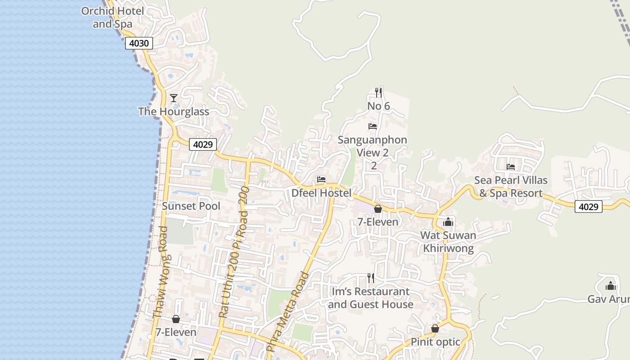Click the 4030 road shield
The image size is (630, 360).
[x=139, y=43]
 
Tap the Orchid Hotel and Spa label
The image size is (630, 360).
[x=112, y=18]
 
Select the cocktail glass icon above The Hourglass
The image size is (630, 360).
[x=174, y=98]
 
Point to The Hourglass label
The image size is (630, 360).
[x=174, y=112]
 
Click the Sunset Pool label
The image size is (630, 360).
[x=191, y=206]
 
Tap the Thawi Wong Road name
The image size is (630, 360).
[x=161, y=272]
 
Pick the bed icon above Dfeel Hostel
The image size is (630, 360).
[x=321, y=179]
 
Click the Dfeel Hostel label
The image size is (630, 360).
[x=321, y=193]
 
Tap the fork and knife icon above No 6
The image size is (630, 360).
[x=378, y=93]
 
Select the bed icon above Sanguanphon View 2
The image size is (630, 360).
[x=373, y=126]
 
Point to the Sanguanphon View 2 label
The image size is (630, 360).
[x=373, y=146]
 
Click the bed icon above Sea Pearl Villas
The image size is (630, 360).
[x=511, y=167]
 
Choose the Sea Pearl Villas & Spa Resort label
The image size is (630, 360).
[x=511, y=187]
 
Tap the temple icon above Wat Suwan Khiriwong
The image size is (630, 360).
[x=448, y=222]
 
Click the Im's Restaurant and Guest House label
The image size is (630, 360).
[x=370, y=298]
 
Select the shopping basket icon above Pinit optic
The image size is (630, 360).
[x=435, y=328]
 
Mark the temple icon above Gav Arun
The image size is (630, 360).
[x=610, y=286]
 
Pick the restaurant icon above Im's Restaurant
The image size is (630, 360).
[x=370, y=278]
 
